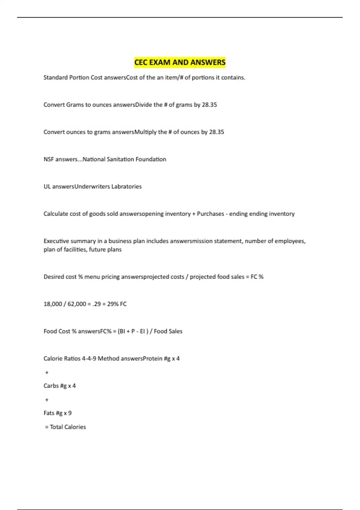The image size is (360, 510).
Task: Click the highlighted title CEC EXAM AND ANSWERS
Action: coord(180,62)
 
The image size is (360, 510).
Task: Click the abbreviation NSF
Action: coord(49,159)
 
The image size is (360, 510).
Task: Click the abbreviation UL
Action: coord(47,187)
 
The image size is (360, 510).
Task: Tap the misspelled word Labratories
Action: coord(126,187)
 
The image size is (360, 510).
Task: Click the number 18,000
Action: coord(53,304)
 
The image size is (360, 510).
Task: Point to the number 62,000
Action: coord(77,304)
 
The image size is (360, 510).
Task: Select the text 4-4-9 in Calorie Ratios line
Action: coord(89,358)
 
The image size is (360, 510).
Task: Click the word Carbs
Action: coord(51,386)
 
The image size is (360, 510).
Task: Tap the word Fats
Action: coord(49,413)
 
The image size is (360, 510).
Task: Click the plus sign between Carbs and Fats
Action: coord(47,400)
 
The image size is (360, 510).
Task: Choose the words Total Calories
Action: coord(68,427)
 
